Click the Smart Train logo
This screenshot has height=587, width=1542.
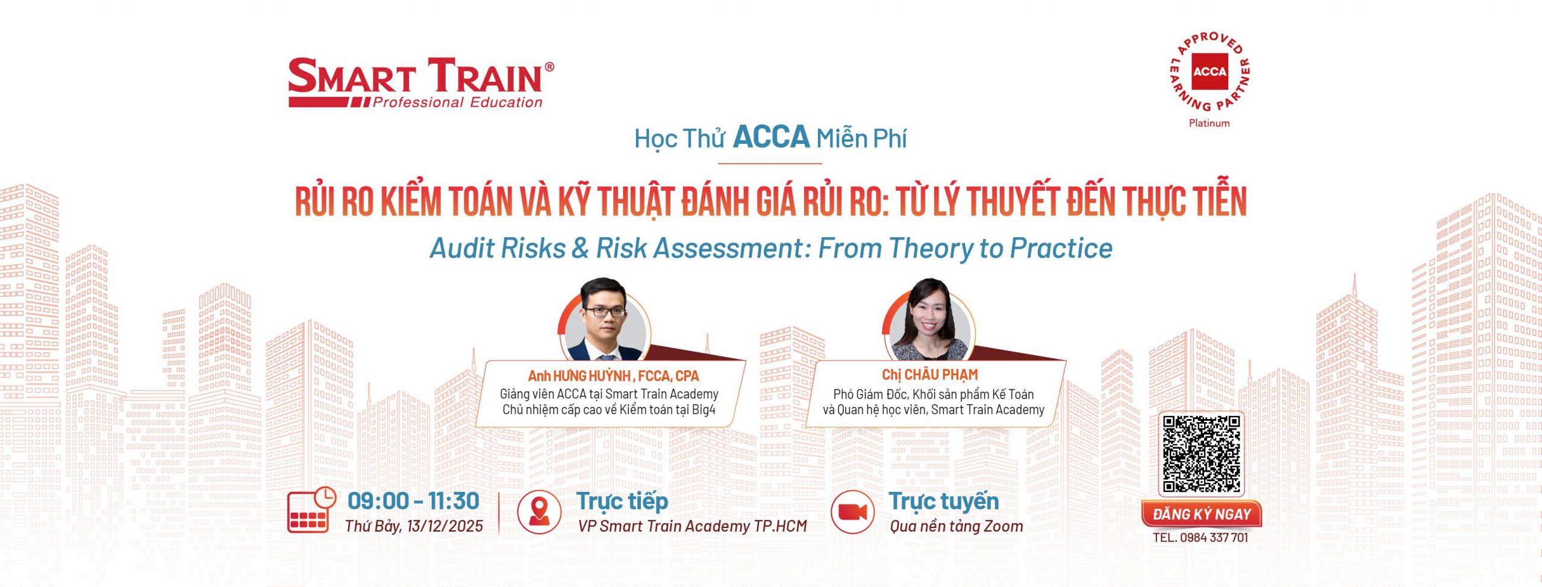[x=421, y=83]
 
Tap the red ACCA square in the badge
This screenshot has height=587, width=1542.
[x=1210, y=72]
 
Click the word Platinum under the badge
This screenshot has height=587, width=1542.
[x=1209, y=123]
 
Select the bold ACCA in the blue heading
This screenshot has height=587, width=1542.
[x=771, y=137]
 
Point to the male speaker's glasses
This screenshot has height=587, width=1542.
[x=605, y=312]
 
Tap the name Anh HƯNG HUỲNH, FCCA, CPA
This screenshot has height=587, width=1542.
[x=613, y=376]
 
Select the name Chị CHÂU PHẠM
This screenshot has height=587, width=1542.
[x=930, y=374]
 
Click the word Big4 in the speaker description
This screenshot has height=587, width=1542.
[x=704, y=410]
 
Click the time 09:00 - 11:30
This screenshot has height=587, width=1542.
[x=413, y=501]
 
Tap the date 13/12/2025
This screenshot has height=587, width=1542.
[x=445, y=526]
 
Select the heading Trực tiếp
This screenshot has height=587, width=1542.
[x=622, y=502]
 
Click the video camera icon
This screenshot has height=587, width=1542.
[x=852, y=512]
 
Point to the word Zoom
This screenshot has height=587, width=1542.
[x=1004, y=526]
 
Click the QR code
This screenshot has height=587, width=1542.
[x=1201, y=455]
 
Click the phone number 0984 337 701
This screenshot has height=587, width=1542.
[x=1214, y=538]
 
